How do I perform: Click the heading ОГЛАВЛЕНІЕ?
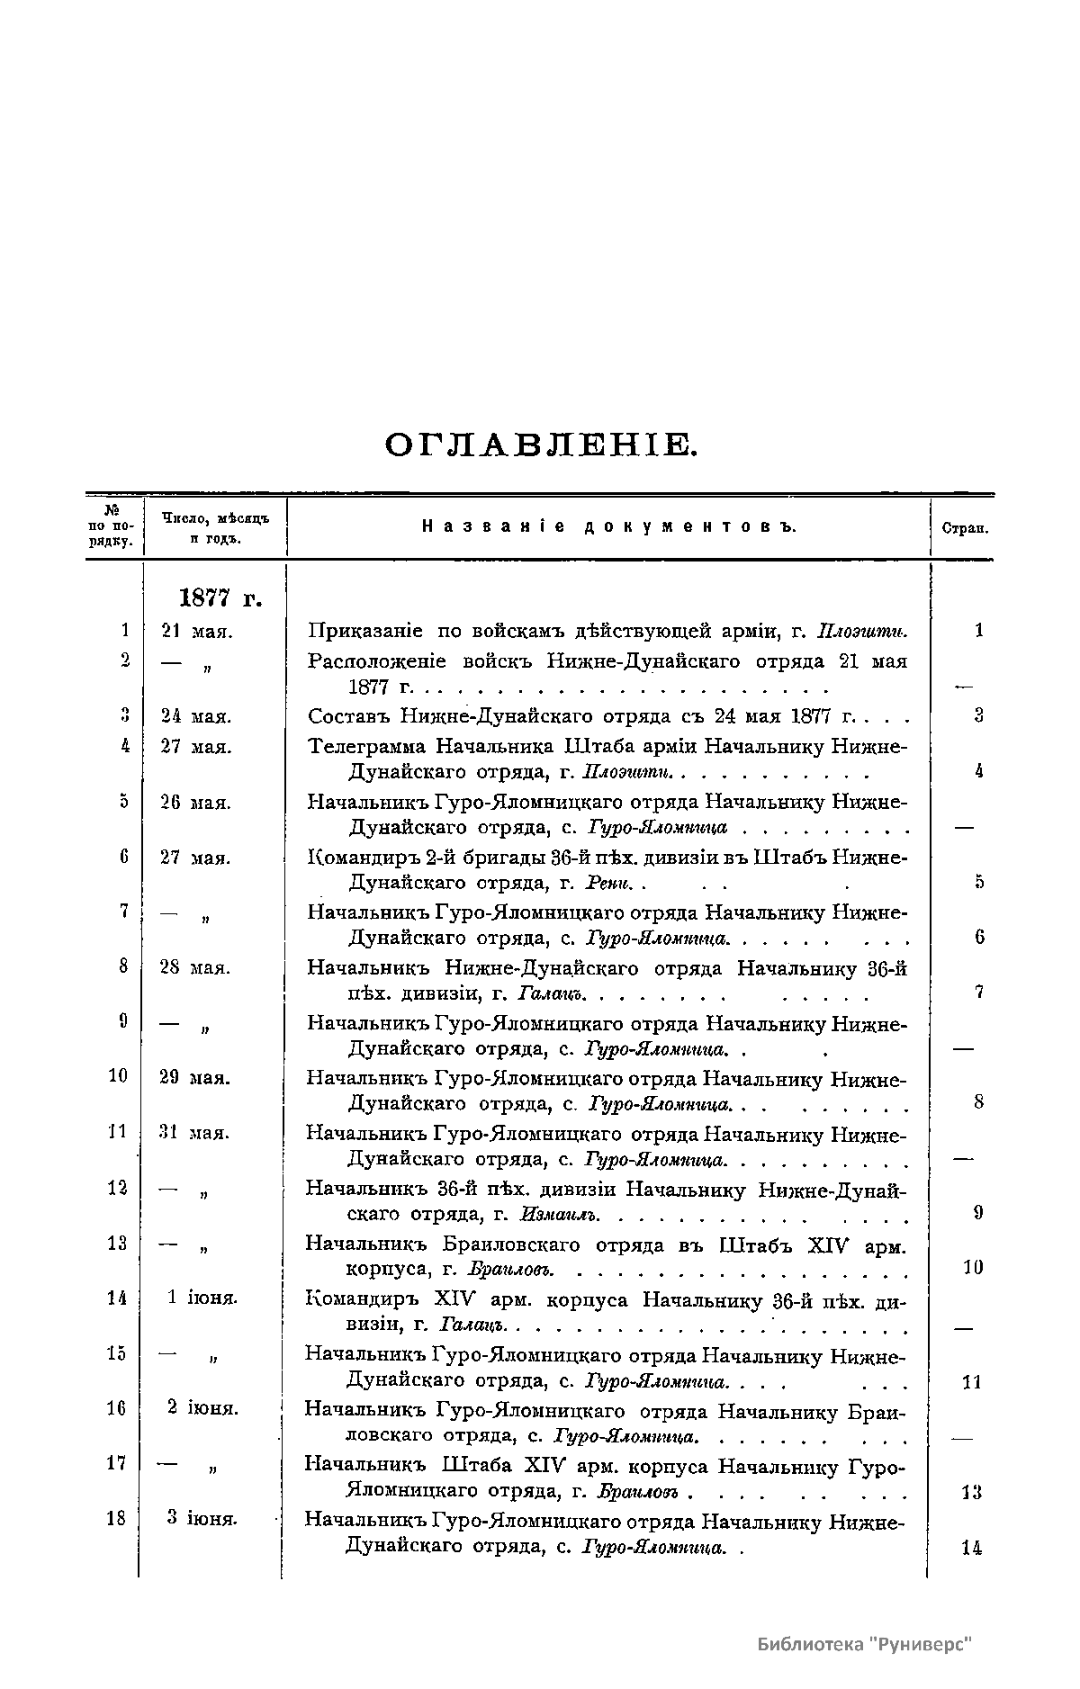click(540, 445)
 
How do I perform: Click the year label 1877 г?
click(220, 597)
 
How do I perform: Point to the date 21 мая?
click(197, 632)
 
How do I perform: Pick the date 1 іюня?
click(202, 1298)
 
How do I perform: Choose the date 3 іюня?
click(202, 1519)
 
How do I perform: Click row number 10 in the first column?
click(118, 1076)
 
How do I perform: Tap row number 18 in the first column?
click(116, 1519)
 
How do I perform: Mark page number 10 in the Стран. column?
click(973, 1268)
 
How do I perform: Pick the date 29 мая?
click(195, 1077)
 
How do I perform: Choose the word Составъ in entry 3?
click(345, 716)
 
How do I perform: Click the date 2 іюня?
click(202, 1409)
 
